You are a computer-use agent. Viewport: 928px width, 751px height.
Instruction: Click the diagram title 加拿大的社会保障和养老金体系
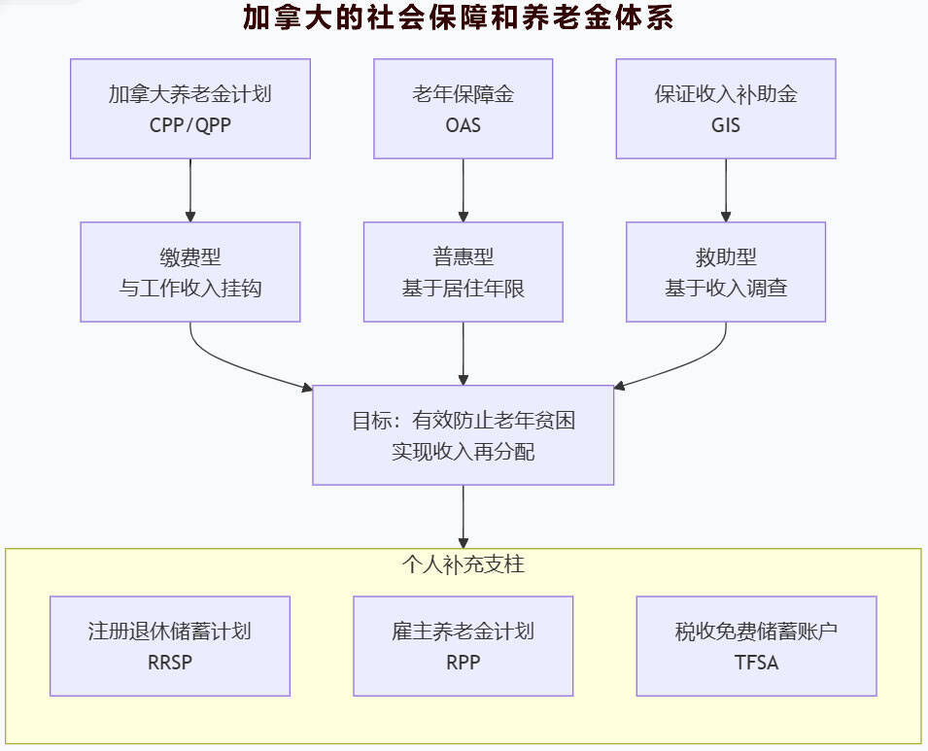click(458, 19)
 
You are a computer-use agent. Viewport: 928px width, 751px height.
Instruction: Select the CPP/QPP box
click(190, 108)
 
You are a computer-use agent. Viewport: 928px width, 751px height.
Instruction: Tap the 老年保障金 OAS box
click(463, 108)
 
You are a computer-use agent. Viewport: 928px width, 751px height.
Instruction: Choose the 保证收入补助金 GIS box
click(726, 108)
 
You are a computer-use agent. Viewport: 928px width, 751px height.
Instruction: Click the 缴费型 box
click(190, 272)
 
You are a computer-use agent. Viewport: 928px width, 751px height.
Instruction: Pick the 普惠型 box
click(463, 272)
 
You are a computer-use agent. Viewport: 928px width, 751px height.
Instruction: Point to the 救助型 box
click(726, 272)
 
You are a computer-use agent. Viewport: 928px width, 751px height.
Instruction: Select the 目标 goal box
click(463, 435)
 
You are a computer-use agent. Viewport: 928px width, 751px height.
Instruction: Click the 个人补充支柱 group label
click(463, 563)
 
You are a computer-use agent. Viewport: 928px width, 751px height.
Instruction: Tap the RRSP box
click(170, 646)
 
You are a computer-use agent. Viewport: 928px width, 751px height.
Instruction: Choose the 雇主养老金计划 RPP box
click(463, 646)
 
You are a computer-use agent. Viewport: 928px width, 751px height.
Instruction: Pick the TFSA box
click(756, 646)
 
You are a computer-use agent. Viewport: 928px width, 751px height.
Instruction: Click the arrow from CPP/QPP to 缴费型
click(190, 190)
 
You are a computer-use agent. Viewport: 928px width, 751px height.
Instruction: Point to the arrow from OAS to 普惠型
click(463, 190)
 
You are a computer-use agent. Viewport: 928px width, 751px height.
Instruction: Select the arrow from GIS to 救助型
click(726, 190)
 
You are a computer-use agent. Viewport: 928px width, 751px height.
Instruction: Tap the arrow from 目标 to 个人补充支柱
click(463, 516)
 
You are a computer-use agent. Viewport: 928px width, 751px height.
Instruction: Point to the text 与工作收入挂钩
click(190, 289)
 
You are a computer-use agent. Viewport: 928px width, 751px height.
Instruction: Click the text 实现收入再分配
click(463, 452)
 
